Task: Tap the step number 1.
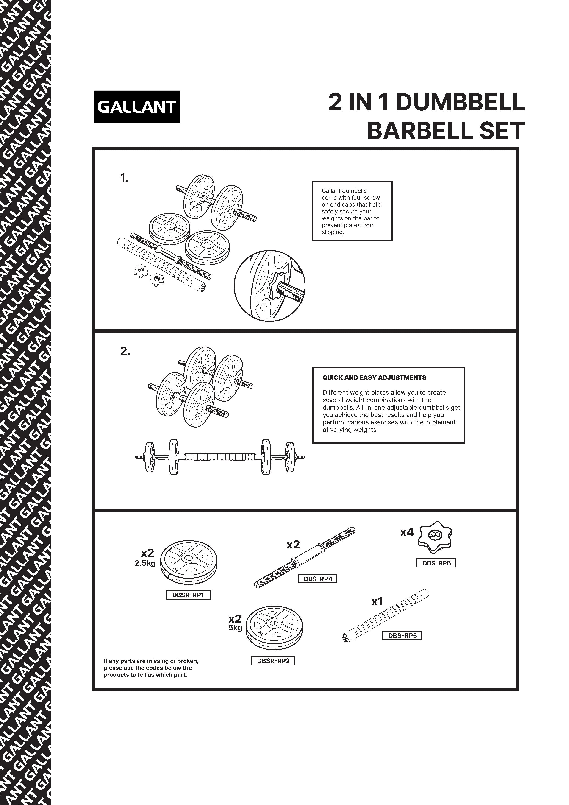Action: coord(124,179)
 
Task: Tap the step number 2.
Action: coord(125,351)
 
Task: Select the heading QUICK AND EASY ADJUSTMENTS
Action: coord(374,378)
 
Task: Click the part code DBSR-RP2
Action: coord(273,661)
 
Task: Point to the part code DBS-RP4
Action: coord(317,579)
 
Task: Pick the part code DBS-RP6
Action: coord(436,563)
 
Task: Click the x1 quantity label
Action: coord(377,602)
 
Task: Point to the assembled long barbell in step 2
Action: coord(220,457)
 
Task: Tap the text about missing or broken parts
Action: coord(151,668)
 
